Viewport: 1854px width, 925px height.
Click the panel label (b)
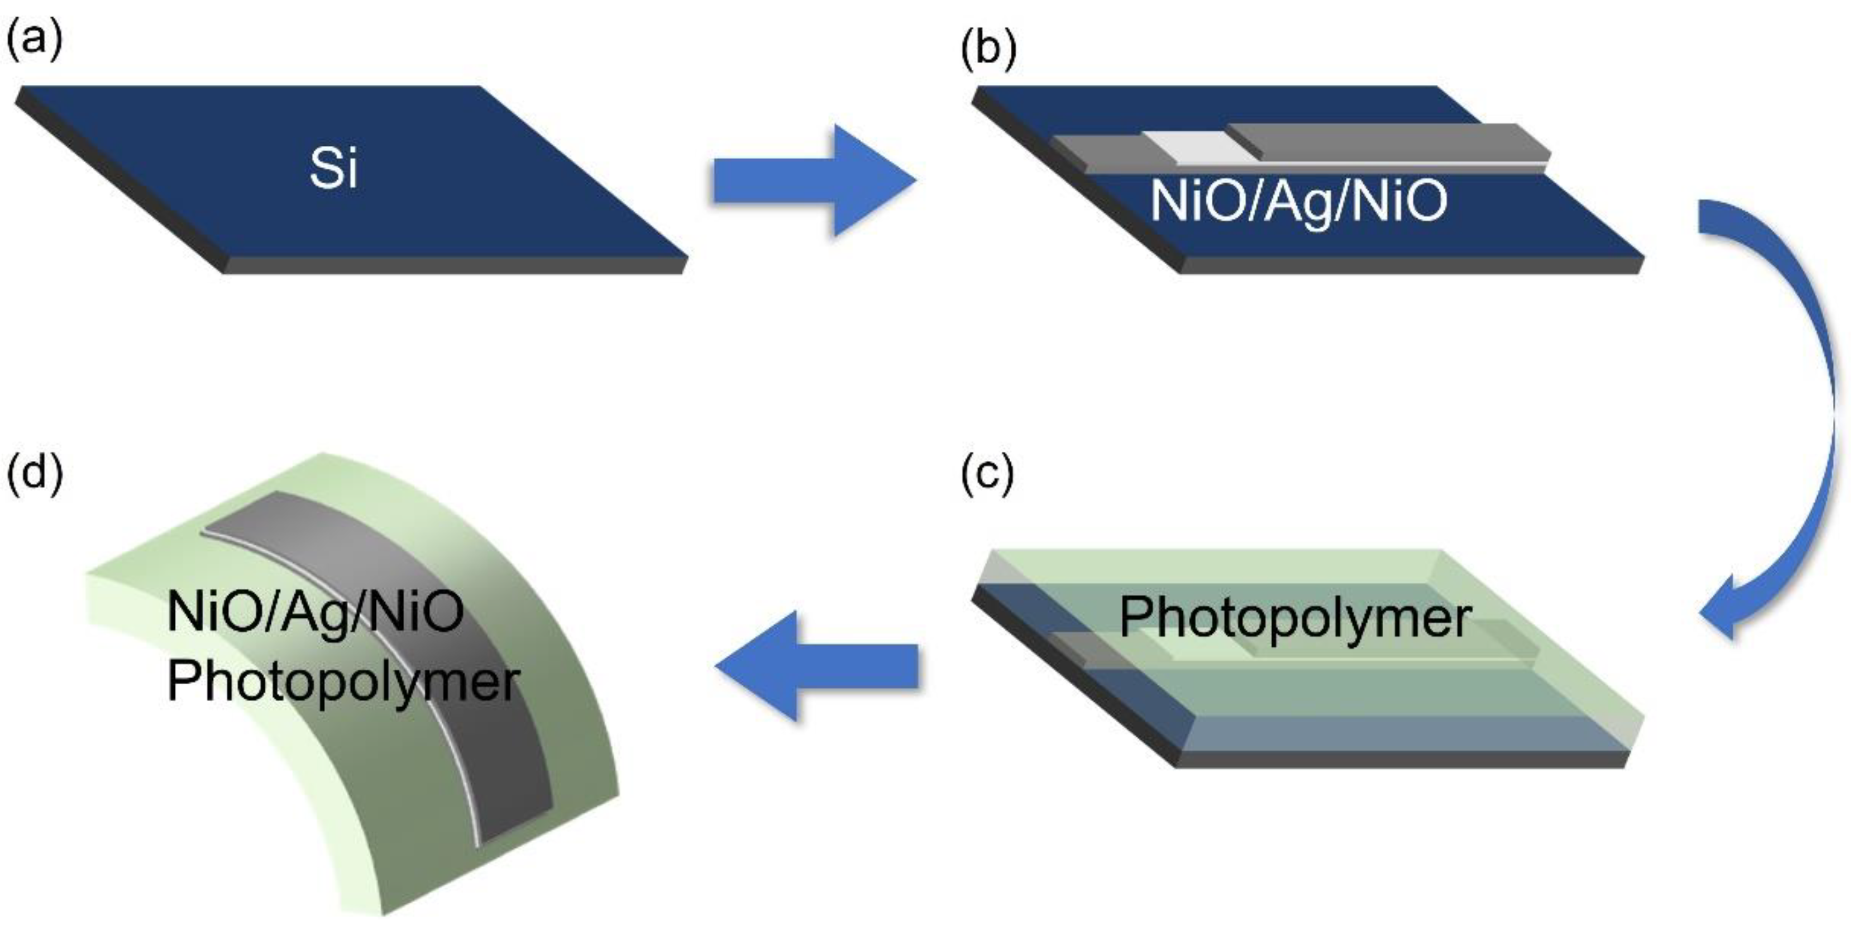click(x=989, y=50)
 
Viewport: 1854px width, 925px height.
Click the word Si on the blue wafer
click(x=333, y=170)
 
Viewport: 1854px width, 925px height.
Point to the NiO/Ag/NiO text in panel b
click(x=1298, y=201)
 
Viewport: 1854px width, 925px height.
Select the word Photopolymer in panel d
click(x=342, y=681)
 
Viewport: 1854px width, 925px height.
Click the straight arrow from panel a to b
click(x=813, y=180)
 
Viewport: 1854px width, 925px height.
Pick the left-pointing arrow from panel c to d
click(x=817, y=666)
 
